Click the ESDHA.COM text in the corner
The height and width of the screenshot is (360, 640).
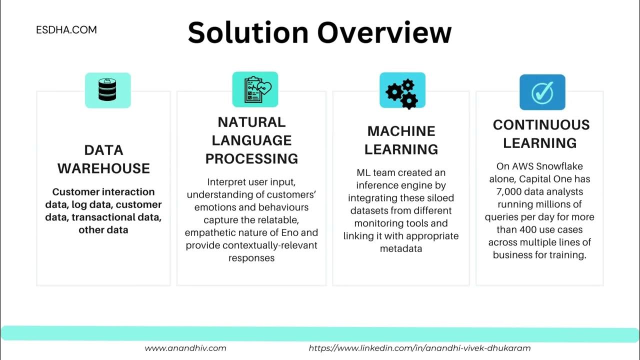click(66, 30)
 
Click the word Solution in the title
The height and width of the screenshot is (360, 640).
click(248, 32)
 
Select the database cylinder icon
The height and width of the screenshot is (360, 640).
click(107, 90)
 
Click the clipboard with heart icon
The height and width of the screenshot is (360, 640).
click(255, 89)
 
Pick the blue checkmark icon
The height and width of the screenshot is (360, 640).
click(542, 92)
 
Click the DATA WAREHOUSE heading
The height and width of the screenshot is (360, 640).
click(103, 159)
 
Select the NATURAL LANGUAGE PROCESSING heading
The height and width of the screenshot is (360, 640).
click(251, 140)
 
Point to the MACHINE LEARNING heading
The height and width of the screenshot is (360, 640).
click(401, 140)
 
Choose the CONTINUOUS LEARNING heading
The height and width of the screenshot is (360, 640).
click(541, 134)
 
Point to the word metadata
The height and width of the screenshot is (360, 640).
click(401, 248)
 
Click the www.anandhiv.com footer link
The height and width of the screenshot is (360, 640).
click(185, 348)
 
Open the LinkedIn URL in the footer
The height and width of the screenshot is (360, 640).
click(419, 348)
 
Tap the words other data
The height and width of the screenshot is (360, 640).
click(103, 230)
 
